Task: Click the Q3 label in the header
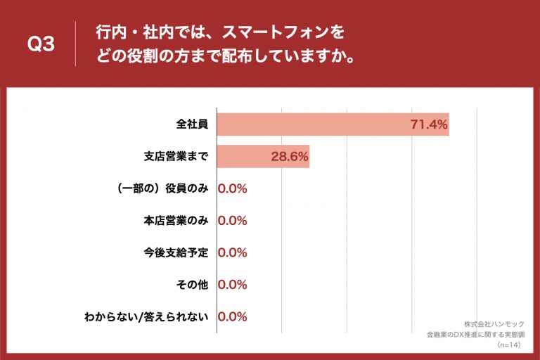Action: click(41, 44)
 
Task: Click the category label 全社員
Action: click(192, 124)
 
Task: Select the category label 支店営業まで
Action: click(176, 157)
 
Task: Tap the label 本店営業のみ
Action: click(176, 221)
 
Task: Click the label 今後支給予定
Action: click(176, 252)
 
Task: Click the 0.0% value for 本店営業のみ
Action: click(233, 221)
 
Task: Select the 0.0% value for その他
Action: click(233, 285)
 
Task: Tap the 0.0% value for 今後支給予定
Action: click(233, 252)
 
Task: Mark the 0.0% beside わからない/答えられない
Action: click(233, 316)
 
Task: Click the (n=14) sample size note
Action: click(510, 346)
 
